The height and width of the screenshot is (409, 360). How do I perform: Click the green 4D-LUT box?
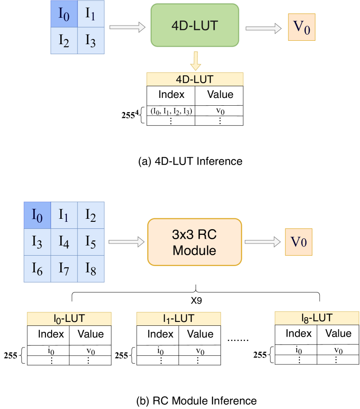pos(195,25)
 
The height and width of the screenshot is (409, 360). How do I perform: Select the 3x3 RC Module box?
pos(195,242)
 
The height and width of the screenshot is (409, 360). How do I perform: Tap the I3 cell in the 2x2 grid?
pos(91,41)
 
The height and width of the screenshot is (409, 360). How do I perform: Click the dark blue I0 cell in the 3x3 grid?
pos(37,215)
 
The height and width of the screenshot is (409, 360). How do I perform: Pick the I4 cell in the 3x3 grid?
pos(64,242)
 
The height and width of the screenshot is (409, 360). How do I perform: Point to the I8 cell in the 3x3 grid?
pos(91,269)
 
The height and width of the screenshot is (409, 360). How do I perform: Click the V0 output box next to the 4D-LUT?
pos(302,27)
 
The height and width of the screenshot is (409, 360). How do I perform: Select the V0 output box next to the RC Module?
pos(298,241)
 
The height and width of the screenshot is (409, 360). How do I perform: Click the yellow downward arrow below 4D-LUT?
pos(196,60)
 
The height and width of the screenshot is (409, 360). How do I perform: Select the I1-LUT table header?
pos(178,318)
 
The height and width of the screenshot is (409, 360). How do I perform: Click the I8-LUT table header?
pos(317,318)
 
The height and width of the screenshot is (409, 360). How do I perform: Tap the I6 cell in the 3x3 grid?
pos(37,269)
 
